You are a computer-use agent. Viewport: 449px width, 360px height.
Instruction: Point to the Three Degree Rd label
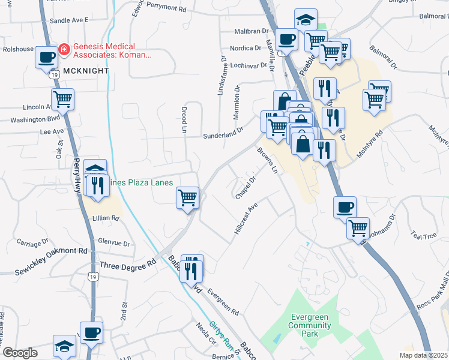pos(127,264)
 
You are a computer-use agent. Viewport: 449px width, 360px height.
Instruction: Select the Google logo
pos(20,352)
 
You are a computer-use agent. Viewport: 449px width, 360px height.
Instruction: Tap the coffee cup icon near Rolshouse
pos(47,58)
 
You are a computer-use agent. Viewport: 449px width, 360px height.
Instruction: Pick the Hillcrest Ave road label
pos(246,218)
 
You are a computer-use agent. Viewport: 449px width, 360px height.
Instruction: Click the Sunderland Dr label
pos(223,134)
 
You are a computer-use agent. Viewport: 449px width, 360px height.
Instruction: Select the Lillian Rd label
pos(106,218)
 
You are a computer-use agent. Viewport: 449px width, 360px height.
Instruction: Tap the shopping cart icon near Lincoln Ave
pos(62,100)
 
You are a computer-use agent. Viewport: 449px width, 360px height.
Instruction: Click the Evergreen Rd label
pos(223,304)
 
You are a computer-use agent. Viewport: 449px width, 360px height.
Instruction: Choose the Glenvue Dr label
pos(115,242)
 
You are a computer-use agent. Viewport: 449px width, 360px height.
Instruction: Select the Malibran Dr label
pos(252,31)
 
